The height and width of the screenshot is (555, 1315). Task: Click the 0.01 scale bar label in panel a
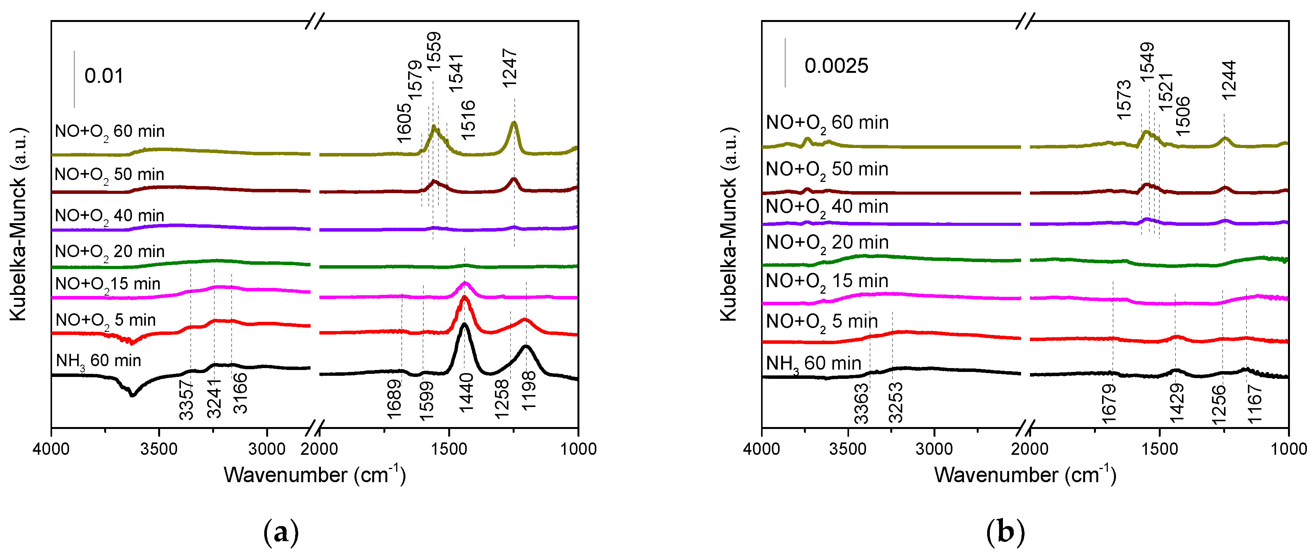[x=104, y=76]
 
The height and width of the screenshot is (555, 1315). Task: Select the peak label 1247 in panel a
[x=510, y=68]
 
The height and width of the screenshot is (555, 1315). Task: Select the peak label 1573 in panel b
[x=1124, y=99]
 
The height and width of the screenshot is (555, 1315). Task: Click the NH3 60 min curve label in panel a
[x=98, y=361]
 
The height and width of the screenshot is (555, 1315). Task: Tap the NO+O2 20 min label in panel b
[x=827, y=243]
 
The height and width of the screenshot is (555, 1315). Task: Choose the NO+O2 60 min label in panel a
[x=109, y=131]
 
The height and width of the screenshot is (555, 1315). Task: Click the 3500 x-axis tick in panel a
[x=159, y=449]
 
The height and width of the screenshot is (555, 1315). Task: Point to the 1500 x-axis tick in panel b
[x=1159, y=449]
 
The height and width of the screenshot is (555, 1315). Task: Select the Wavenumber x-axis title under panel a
[x=314, y=475]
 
